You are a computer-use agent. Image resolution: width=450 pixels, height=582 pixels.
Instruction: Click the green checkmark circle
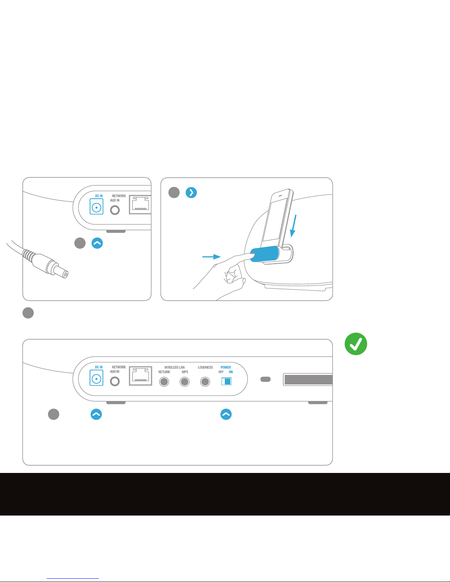click(x=356, y=344)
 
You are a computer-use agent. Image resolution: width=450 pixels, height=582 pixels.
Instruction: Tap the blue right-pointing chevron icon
click(x=191, y=192)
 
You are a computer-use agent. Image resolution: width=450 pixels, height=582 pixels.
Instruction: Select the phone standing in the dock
click(x=277, y=218)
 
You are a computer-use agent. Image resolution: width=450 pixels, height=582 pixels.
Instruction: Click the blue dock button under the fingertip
click(x=264, y=254)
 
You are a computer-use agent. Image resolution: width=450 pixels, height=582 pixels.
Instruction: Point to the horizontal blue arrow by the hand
click(x=212, y=257)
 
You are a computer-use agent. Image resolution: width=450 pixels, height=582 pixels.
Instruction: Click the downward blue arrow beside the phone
click(x=294, y=226)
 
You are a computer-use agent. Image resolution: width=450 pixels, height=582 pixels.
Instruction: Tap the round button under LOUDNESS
click(x=205, y=382)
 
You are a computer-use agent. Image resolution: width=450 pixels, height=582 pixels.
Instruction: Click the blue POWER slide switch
click(x=226, y=382)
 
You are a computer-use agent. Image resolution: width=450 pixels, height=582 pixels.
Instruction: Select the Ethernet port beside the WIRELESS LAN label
click(x=141, y=376)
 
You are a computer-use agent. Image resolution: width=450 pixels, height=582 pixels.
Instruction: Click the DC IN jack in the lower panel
click(x=96, y=379)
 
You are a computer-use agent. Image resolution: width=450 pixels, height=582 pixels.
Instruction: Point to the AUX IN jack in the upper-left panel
click(x=115, y=210)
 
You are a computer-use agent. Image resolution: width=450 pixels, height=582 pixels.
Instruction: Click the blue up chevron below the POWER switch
click(x=226, y=414)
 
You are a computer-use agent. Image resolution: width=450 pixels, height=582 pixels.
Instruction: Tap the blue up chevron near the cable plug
click(x=97, y=243)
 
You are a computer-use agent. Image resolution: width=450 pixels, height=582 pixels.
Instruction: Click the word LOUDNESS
click(x=205, y=367)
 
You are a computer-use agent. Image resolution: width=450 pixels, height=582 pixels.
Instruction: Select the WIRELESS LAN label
click(x=174, y=367)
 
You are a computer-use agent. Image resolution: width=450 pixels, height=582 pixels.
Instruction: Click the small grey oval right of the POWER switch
click(x=266, y=379)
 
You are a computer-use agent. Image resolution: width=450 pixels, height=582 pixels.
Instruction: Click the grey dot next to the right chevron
click(x=174, y=192)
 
